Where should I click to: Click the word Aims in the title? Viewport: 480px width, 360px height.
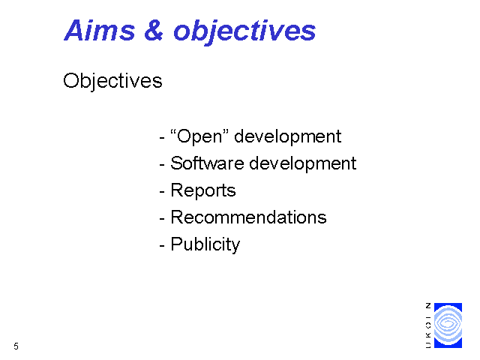click(x=100, y=30)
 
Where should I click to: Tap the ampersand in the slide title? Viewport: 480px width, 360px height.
click(x=154, y=30)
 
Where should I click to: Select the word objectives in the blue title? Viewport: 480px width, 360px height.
click(x=244, y=31)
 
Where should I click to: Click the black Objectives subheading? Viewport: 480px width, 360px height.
click(x=112, y=81)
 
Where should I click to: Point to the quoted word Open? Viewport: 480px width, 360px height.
click(x=199, y=136)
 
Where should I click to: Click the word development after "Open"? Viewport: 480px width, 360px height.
click(x=287, y=136)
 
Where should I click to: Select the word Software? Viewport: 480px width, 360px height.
click(x=207, y=163)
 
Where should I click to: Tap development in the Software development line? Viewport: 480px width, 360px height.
click(x=303, y=163)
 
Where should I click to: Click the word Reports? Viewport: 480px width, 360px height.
click(x=203, y=190)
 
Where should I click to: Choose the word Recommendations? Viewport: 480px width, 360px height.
click(x=248, y=217)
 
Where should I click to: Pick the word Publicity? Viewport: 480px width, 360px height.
click(x=205, y=244)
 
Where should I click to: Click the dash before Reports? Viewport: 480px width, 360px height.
click(x=162, y=192)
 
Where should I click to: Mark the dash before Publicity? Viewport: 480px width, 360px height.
click(x=162, y=246)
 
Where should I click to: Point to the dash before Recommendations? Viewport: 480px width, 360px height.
click(x=162, y=219)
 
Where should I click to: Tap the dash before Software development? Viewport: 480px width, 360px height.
click(x=162, y=165)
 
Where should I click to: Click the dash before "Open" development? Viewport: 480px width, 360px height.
click(x=162, y=138)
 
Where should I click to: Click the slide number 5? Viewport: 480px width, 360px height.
click(x=16, y=346)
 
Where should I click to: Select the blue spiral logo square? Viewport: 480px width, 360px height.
click(x=448, y=325)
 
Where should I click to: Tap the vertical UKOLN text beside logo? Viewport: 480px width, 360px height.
click(x=428, y=325)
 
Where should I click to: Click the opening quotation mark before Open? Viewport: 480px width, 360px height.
click(x=173, y=132)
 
